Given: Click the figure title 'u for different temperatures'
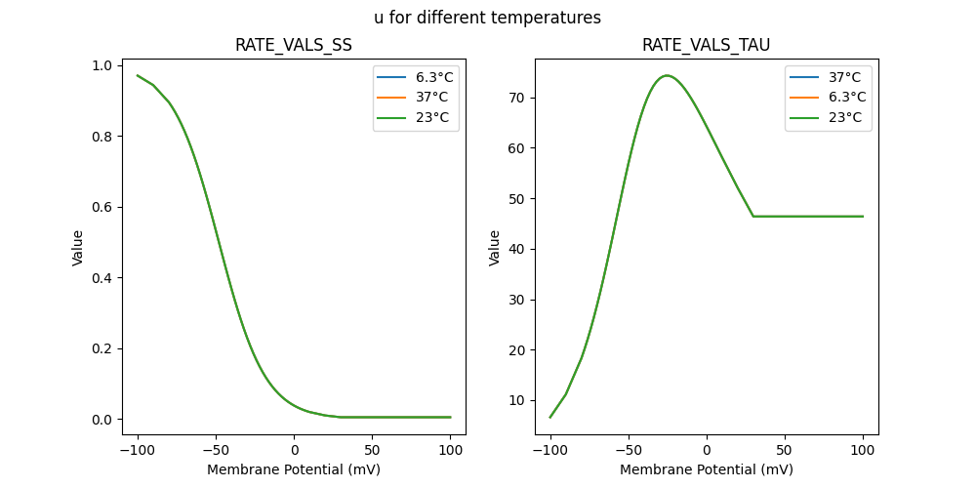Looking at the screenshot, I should tap(487, 18).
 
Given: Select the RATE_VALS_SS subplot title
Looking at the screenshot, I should tap(294, 45).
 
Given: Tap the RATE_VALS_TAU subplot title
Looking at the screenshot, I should tap(706, 45).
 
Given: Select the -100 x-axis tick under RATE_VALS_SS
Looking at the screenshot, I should tap(138, 451).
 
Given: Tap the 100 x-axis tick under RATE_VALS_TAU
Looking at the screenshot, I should tap(863, 451).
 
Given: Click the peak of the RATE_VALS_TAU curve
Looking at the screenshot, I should tap(667, 75).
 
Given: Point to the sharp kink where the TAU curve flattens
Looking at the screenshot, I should tap(753, 216).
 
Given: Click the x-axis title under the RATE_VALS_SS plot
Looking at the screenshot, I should tap(294, 469).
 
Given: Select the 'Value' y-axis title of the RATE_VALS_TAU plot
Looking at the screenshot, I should tap(495, 248).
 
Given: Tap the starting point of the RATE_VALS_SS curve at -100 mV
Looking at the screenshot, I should tap(138, 75).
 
